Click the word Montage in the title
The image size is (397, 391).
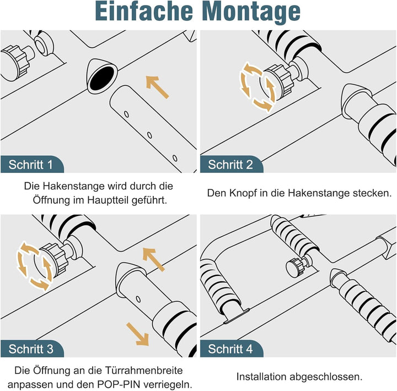click(251, 12)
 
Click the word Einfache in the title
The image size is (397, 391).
click(144, 11)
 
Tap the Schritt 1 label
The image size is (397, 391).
click(31, 165)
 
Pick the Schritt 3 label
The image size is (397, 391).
click(31, 349)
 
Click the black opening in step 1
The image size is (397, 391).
click(102, 78)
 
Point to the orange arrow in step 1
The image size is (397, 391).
click(157, 87)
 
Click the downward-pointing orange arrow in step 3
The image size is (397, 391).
click(138, 334)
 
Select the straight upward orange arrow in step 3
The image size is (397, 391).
click(154, 259)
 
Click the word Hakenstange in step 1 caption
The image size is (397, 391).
click(74, 186)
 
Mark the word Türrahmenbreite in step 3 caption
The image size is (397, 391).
click(143, 371)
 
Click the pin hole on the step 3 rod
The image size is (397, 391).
click(138, 299)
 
